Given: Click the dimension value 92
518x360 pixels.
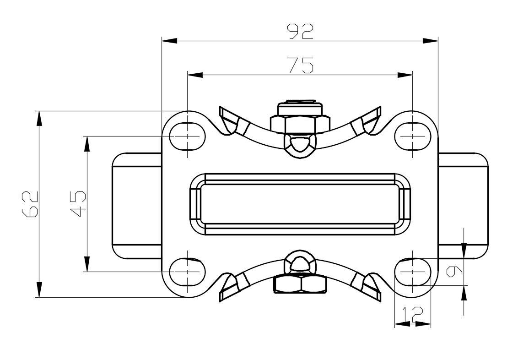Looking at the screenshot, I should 300,31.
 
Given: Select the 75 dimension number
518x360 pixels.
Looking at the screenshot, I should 300,65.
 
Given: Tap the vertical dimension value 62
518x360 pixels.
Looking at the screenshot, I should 30,204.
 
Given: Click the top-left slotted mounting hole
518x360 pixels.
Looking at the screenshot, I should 188,136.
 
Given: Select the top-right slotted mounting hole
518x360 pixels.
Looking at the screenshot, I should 413,136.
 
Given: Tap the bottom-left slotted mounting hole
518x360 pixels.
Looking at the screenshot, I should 188,271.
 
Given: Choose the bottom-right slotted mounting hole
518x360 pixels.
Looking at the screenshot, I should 413,271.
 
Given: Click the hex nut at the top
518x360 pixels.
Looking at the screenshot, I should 300,123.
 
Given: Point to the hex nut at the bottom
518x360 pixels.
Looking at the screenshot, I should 300,284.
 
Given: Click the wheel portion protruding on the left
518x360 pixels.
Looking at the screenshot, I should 136,205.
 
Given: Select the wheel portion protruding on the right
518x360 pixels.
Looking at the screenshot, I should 463,205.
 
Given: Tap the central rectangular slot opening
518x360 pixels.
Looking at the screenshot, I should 300,204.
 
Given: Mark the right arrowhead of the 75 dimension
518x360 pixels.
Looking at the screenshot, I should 405,75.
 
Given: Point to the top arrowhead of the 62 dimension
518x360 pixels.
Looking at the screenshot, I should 39,118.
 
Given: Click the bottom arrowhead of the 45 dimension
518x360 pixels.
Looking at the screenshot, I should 86,264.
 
